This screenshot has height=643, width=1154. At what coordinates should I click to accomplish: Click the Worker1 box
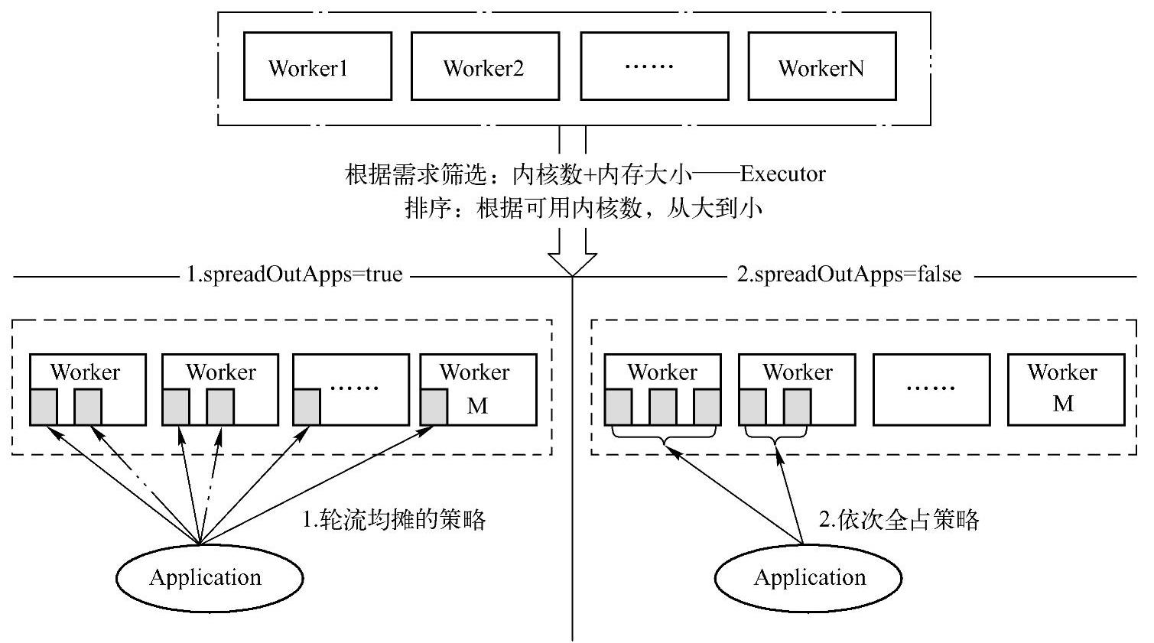317,67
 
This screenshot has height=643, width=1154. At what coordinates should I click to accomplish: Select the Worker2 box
485,67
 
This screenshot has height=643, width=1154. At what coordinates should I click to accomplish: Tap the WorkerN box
821,67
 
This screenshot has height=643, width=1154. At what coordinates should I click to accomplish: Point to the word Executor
782,174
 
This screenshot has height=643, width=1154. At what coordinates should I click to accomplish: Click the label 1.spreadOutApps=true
294,274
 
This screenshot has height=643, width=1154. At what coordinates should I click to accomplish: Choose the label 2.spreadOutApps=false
849,274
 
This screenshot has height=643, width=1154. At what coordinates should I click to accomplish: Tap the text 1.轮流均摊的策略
395,520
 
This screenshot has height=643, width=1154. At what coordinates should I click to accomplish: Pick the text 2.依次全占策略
899,520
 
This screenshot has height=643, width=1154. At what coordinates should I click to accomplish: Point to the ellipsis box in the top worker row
654,67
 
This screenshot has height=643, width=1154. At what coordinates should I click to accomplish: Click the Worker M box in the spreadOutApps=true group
478,389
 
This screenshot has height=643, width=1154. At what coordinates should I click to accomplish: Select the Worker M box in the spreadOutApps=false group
1066,389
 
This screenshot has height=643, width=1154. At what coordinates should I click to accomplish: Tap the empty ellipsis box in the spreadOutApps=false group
931,389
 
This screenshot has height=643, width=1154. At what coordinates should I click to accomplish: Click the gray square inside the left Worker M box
434,407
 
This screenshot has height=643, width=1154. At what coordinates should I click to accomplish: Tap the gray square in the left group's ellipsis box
307,407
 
